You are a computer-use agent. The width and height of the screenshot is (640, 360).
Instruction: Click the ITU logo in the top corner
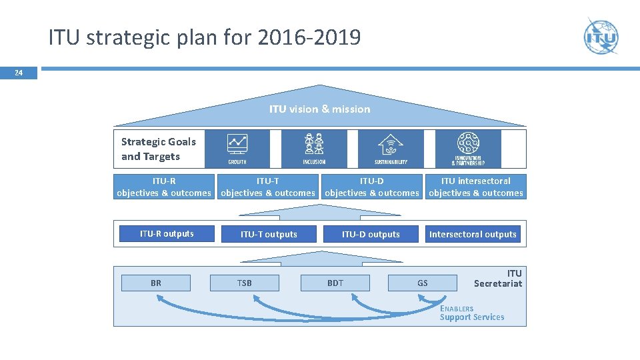pos(601,37)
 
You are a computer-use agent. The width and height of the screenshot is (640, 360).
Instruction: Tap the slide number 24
pos(19,73)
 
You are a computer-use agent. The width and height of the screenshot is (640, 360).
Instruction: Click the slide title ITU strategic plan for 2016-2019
pos(204,37)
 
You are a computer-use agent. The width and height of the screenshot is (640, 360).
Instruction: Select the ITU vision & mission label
pos(319,109)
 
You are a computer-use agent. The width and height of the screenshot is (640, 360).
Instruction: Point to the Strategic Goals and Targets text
pos(159,149)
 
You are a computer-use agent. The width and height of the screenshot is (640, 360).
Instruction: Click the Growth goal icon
pos(237,149)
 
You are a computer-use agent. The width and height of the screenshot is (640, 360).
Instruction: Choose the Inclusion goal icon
pos(314,149)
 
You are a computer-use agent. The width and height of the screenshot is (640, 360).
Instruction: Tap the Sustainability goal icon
pos(391,149)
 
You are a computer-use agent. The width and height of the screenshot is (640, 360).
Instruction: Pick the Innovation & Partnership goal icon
pos(467,149)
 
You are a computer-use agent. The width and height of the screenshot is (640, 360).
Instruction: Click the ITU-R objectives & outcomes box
pos(164,187)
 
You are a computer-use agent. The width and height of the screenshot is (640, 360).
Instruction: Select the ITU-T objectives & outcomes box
pos(268,187)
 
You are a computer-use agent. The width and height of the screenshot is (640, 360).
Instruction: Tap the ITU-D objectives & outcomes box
pos(372,187)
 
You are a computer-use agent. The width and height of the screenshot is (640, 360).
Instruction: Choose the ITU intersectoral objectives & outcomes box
pos(476,187)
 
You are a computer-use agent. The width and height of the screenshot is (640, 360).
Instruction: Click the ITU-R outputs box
pos(167,233)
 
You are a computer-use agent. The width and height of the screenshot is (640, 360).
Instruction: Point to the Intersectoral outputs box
pos(473,234)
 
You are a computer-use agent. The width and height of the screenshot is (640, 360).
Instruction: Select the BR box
pos(156,283)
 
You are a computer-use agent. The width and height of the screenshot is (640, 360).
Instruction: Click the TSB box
pos(245,283)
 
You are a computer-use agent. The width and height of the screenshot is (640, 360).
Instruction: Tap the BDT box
pos(335,283)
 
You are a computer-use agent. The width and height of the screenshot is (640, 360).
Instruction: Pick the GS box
pos(423,283)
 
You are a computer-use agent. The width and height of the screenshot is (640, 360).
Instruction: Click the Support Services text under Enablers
pos(472,317)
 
